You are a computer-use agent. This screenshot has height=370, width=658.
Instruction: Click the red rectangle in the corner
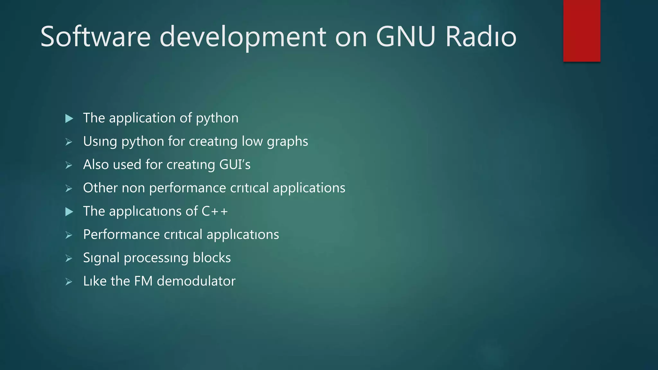tap(582, 31)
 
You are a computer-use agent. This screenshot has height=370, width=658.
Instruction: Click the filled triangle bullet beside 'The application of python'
tap(69, 119)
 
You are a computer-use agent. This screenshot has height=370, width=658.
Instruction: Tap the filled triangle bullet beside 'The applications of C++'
tap(69, 212)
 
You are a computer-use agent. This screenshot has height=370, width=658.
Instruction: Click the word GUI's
tap(235, 165)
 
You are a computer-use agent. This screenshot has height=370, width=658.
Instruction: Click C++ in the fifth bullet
tap(215, 211)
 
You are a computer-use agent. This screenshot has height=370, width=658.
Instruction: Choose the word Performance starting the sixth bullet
tap(121, 235)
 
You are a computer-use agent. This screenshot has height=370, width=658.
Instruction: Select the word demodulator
tap(196, 281)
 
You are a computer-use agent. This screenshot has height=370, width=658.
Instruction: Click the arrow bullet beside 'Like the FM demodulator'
tap(69, 282)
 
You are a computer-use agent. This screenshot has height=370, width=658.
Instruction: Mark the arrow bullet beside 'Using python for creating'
tap(69, 142)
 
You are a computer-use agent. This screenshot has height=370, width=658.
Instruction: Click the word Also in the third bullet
tap(96, 165)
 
